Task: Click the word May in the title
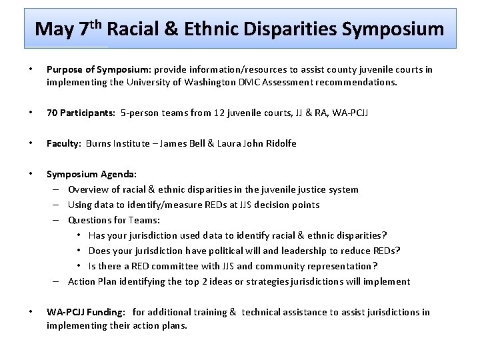click(55, 29)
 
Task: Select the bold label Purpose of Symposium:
click(99, 70)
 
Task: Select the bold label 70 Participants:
click(80, 113)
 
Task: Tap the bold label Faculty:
click(64, 143)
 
